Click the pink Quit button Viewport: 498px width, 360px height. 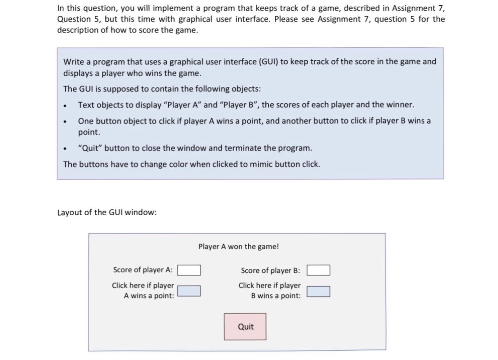tap(245, 326)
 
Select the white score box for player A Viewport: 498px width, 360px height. tap(189, 270)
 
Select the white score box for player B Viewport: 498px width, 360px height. tap(318, 270)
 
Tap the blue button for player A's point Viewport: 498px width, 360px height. tap(189, 291)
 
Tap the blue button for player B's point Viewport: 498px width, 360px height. tap(318, 292)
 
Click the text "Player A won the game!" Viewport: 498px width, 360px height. tap(238, 247)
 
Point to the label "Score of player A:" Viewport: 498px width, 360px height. tap(143, 270)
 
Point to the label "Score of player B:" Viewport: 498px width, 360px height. tap(271, 270)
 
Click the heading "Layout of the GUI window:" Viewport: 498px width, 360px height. tap(107, 212)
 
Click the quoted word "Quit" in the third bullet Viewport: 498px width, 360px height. tap(90, 148)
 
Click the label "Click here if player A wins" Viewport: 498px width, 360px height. tap(143, 290)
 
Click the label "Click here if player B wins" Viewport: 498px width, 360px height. tap(270, 290)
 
